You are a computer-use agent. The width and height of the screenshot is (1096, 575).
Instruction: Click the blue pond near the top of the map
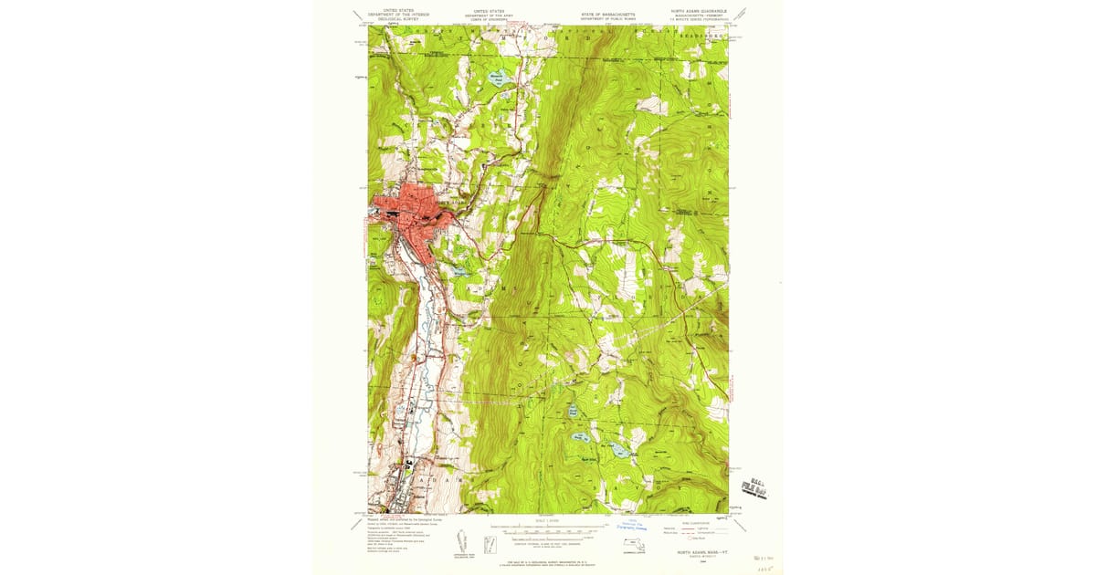click(496, 78)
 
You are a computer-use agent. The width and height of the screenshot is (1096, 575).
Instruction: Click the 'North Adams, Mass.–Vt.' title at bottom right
click(697, 553)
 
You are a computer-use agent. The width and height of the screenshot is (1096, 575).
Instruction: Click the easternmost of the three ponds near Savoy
click(619, 450)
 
